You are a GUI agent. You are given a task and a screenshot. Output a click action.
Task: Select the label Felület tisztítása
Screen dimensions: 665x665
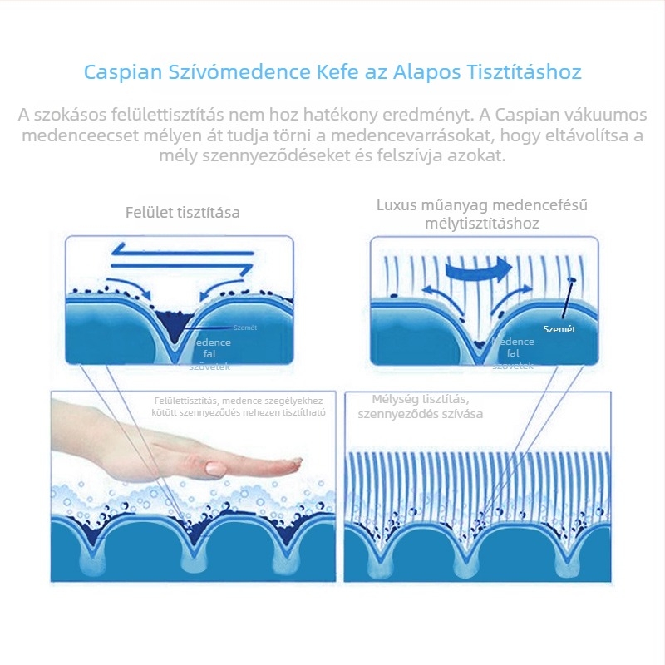point(182,212)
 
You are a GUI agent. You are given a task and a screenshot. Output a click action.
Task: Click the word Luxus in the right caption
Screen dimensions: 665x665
point(397,204)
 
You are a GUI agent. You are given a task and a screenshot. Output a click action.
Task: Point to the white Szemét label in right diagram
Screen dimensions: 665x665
point(559,329)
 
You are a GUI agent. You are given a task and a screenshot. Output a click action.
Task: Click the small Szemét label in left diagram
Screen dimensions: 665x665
point(245,328)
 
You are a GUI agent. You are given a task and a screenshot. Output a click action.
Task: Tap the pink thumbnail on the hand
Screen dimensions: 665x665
point(214,469)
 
